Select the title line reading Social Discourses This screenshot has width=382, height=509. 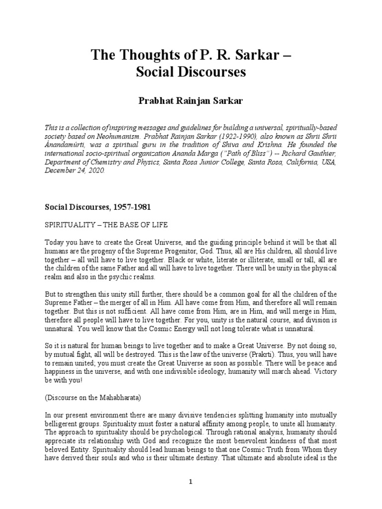coord(191,72)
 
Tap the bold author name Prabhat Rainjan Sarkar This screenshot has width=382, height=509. coord(191,101)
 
